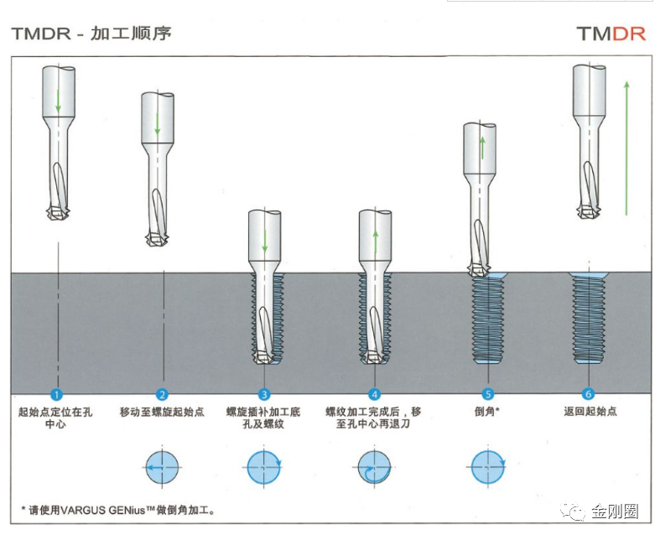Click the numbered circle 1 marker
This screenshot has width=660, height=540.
(x=57, y=393)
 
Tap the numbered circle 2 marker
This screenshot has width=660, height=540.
(x=163, y=393)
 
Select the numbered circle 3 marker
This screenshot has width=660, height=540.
(x=264, y=393)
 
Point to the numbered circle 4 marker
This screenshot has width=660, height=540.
(x=375, y=393)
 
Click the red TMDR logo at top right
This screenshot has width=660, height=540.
(x=611, y=34)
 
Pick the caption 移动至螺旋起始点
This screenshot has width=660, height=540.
(x=162, y=412)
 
